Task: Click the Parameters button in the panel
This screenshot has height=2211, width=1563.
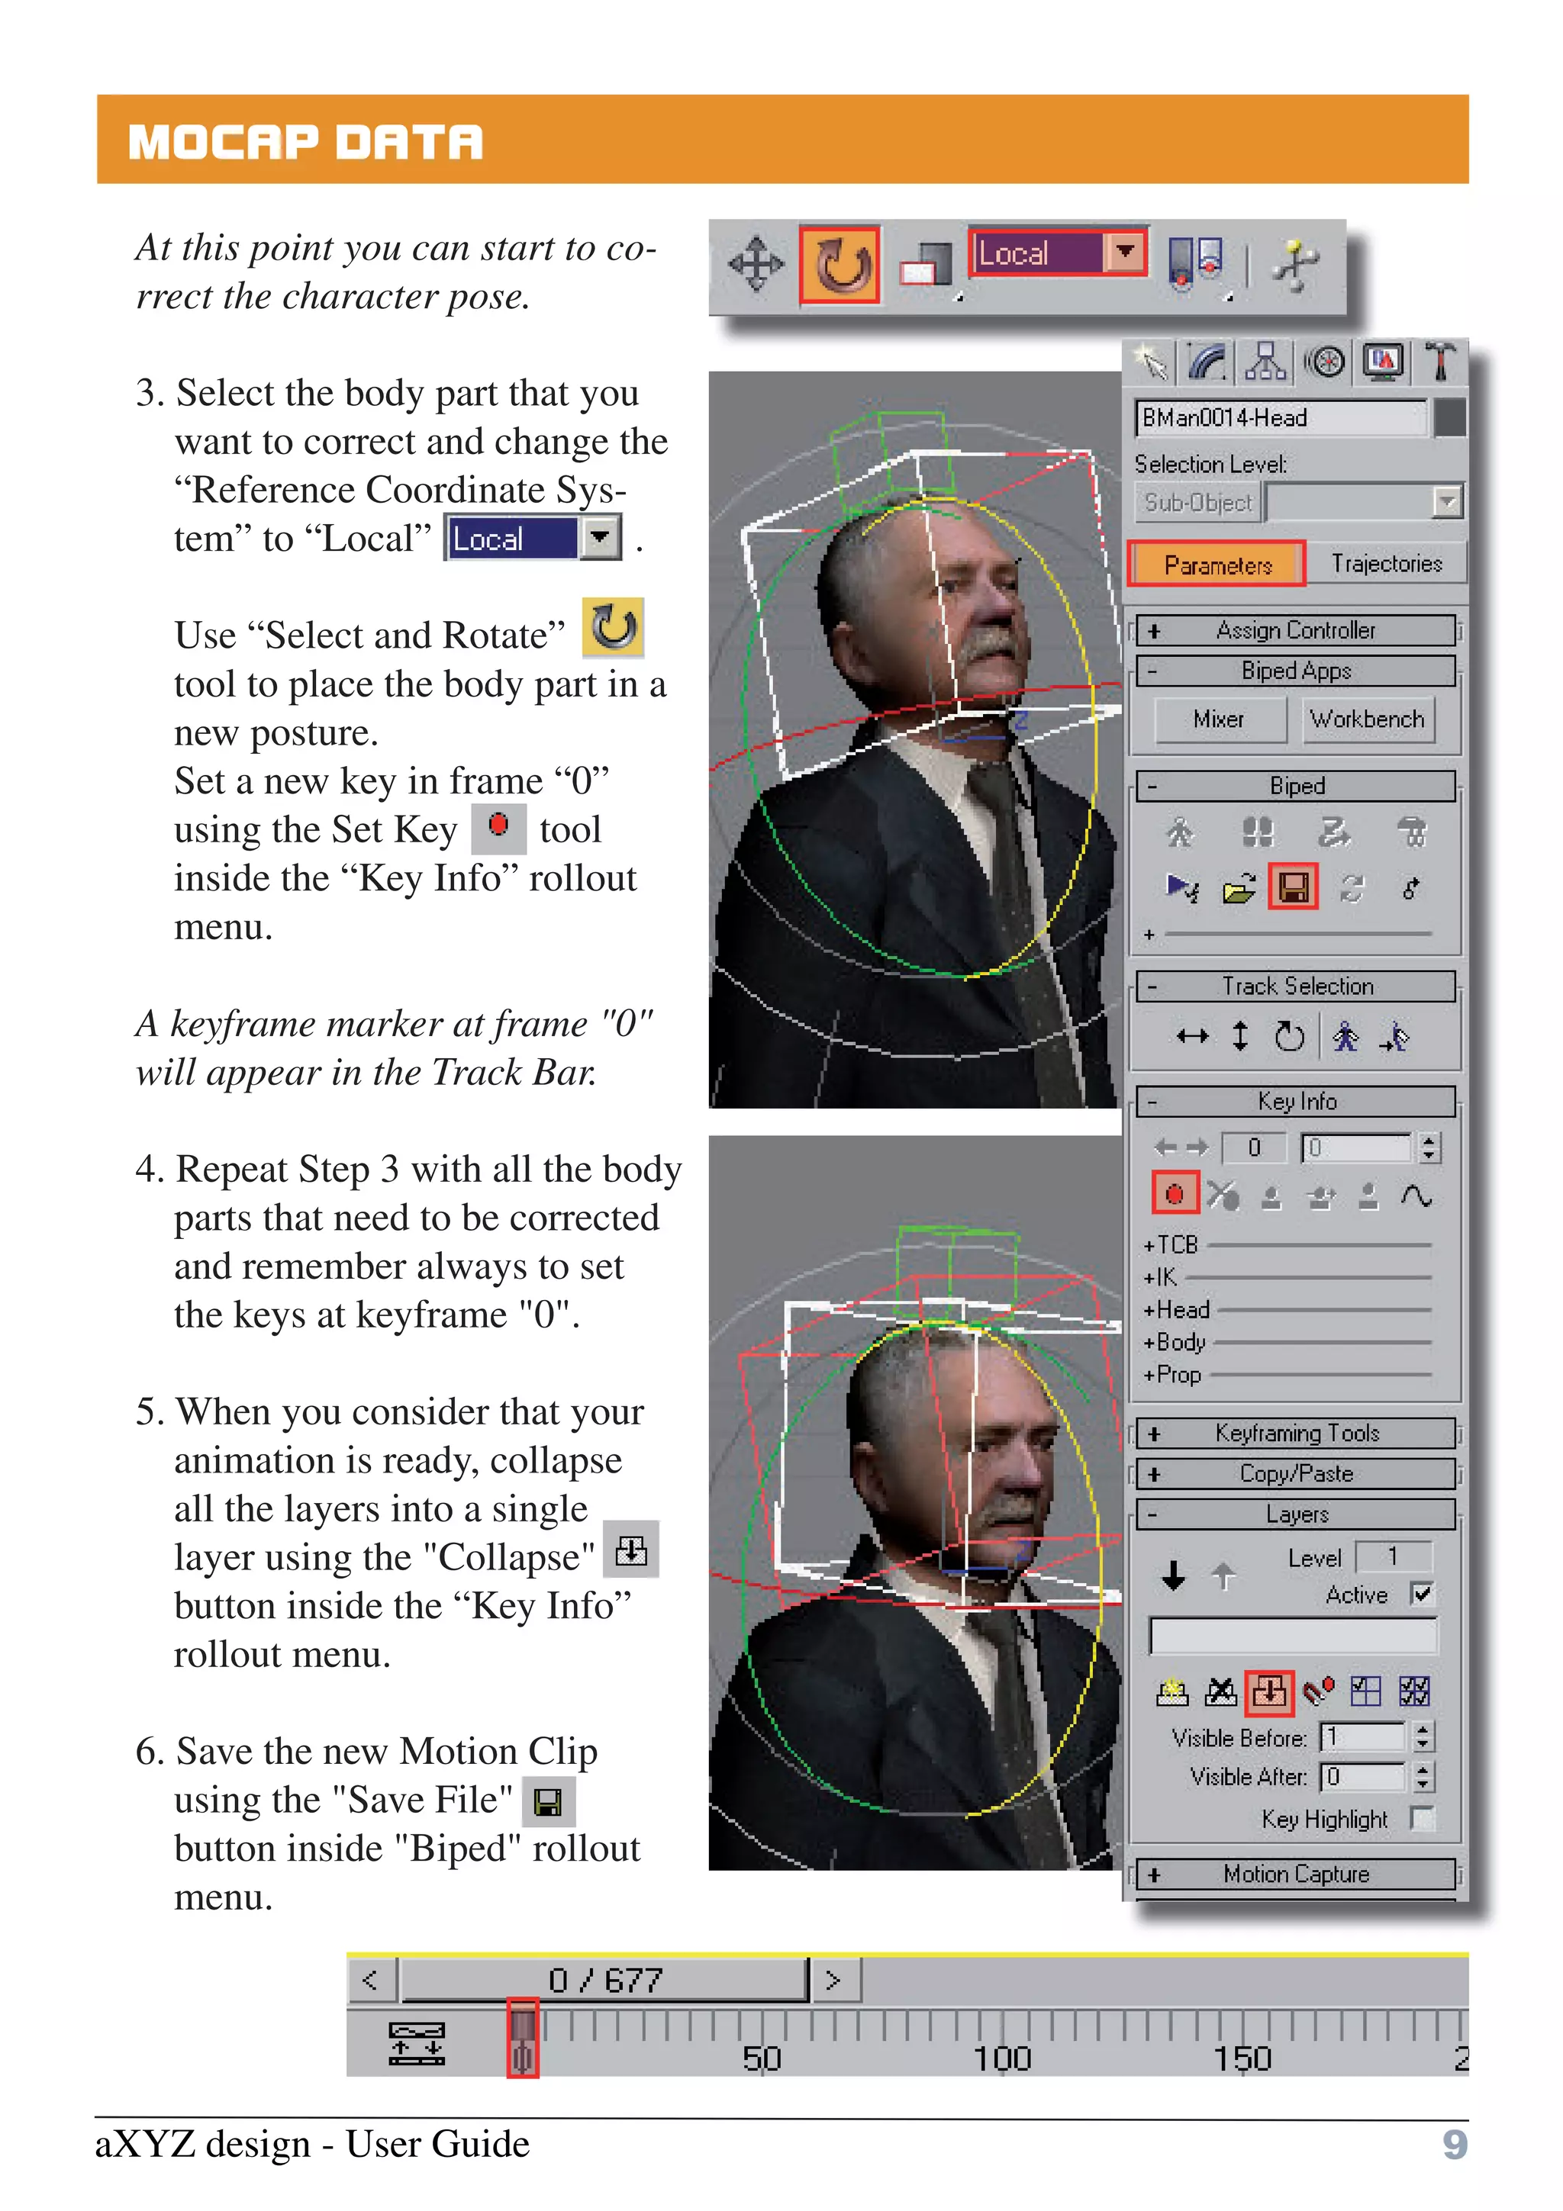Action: (x=1217, y=565)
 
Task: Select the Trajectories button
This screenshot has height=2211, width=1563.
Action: (x=1386, y=563)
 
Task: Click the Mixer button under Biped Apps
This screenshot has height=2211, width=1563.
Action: (x=1218, y=719)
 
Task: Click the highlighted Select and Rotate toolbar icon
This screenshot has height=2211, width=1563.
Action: (x=840, y=265)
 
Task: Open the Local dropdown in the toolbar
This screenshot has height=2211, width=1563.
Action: (x=1124, y=253)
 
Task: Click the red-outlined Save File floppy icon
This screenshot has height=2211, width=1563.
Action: (x=1292, y=887)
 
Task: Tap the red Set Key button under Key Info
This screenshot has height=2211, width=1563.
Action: (x=1175, y=1195)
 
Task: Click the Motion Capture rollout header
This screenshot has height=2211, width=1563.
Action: (x=1295, y=1874)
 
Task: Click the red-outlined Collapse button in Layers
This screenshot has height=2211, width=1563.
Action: (x=1269, y=1691)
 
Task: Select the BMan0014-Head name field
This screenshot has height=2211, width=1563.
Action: (x=1279, y=418)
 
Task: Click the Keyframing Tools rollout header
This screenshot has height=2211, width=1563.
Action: (x=1295, y=1433)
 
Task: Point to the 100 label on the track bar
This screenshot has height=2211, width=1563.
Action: (x=1001, y=2059)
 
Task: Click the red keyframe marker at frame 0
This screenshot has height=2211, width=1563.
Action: (x=522, y=2039)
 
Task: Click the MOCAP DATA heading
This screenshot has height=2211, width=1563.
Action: (x=305, y=142)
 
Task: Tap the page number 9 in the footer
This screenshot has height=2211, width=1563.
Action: (x=1454, y=2145)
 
